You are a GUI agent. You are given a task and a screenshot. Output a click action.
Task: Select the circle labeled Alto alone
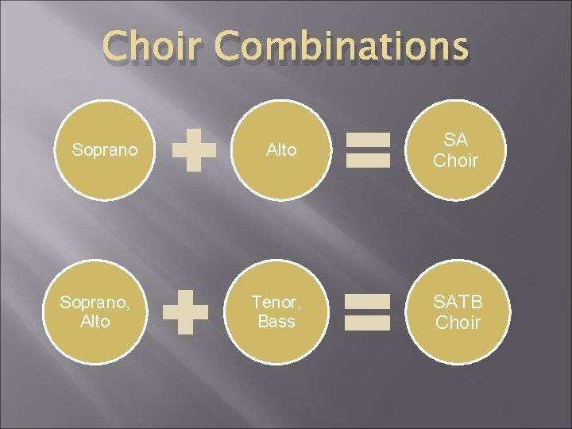click(x=281, y=150)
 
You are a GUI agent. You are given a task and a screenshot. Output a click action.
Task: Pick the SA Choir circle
click(x=456, y=150)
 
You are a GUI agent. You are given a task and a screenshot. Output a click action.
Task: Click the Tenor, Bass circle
click(x=276, y=311)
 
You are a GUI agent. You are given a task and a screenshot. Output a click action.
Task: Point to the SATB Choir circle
click(x=458, y=311)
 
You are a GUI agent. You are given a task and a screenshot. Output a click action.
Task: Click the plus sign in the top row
click(x=195, y=150)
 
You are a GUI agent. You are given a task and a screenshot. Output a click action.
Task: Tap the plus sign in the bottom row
click(x=185, y=311)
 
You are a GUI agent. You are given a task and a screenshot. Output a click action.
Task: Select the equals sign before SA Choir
click(x=369, y=150)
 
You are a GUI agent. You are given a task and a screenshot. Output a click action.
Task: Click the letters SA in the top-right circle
click(x=456, y=140)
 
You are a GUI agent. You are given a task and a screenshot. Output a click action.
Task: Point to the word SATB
click(x=458, y=302)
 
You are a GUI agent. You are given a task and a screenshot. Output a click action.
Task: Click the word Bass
click(x=276, y=322)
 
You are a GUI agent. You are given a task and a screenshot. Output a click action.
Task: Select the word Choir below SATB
click(x=458, y=323)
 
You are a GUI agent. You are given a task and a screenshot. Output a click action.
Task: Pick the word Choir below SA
click(x=456, y=160)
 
